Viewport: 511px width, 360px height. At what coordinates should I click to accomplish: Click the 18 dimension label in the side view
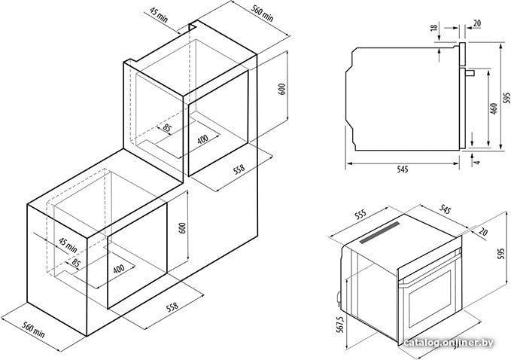coord(434,27)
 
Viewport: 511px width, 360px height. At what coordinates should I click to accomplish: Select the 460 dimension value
coord(494,108)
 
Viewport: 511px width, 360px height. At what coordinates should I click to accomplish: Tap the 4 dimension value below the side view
coord(478,162)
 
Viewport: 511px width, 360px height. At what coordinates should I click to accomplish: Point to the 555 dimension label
coord(360,215)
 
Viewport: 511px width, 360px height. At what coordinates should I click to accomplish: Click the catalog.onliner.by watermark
coord(449,343)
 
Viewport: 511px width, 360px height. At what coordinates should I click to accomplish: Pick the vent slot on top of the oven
coord(380,232)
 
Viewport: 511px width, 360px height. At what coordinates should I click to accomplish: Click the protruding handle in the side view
coord(470,73)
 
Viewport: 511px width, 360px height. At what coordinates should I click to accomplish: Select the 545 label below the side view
coord(403,169)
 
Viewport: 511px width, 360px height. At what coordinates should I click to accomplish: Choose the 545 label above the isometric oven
coord(445,209)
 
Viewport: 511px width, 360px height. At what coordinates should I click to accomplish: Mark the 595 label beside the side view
coord(506,97)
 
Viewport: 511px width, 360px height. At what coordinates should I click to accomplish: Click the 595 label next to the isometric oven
coord(501,254)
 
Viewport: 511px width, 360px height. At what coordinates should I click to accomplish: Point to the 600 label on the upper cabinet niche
coord(282,89)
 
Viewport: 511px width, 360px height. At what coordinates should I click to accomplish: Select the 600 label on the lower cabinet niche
coord(182,228)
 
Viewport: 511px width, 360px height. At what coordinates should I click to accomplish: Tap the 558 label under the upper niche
coord(239,169)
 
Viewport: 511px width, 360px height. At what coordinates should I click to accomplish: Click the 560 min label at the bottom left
coord(33,330)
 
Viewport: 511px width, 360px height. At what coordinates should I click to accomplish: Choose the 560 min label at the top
coord(263,14)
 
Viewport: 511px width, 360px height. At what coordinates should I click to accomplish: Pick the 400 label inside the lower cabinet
coord(119,269)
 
